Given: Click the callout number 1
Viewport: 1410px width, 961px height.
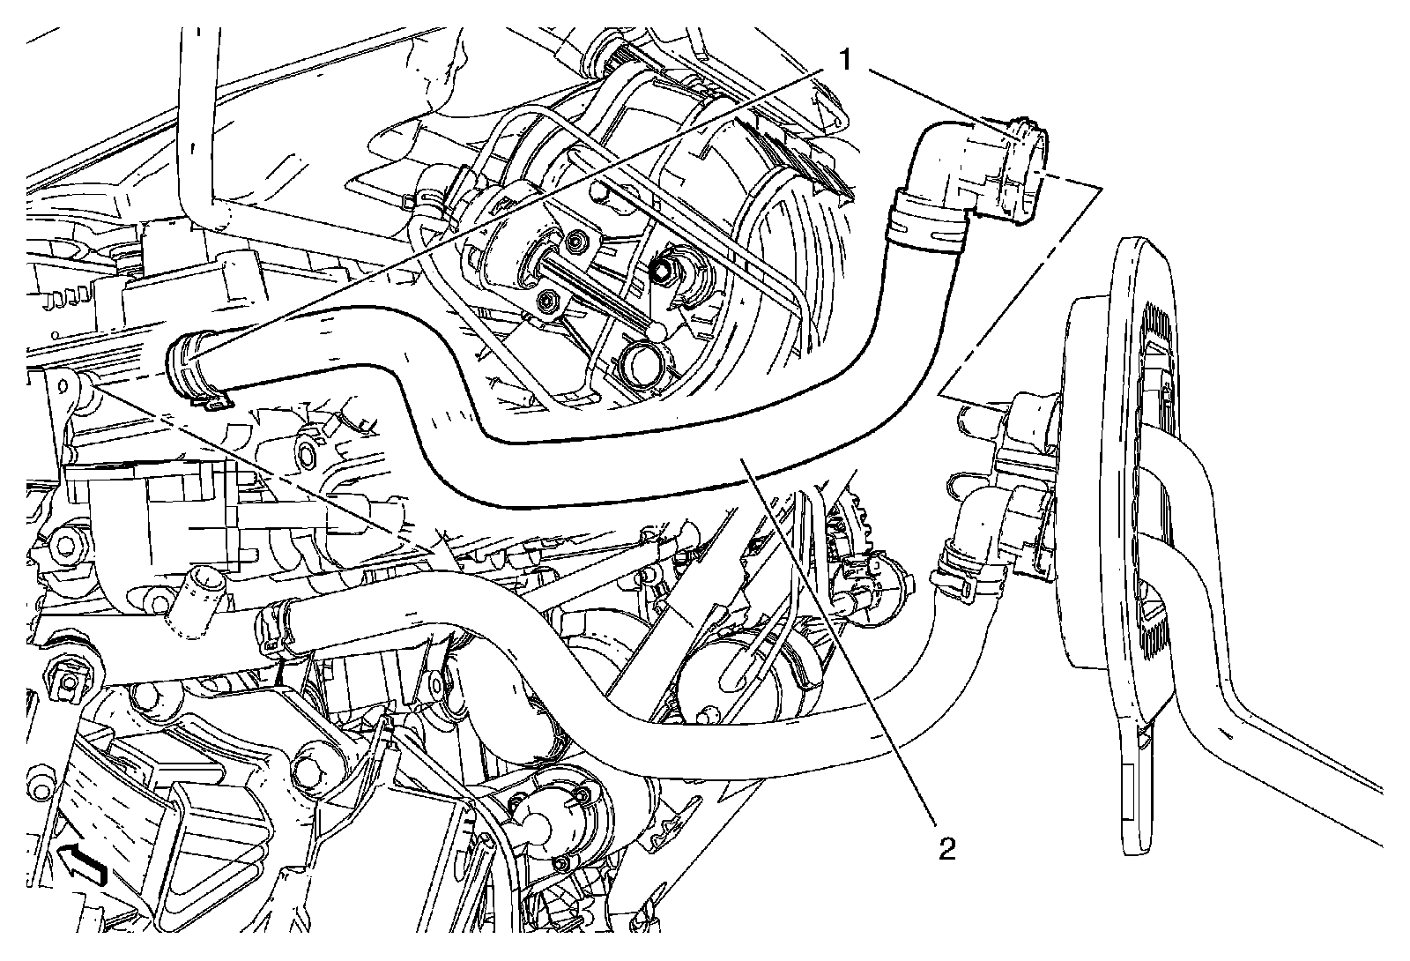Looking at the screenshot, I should click(x=844, y=60).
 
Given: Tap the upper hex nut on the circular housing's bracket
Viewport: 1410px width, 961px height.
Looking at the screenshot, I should click(x=576, y=239).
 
